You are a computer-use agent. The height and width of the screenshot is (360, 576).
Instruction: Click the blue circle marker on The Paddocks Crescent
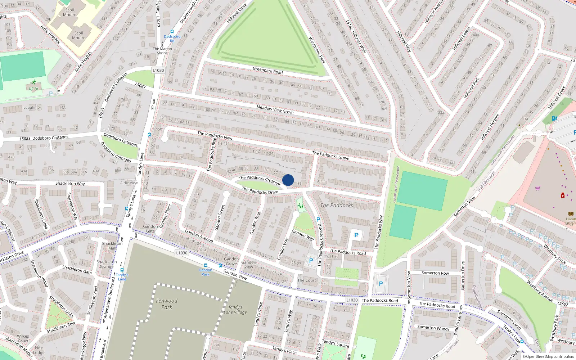(288, 180)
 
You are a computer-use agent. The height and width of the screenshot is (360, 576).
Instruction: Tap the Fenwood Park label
(166, 304)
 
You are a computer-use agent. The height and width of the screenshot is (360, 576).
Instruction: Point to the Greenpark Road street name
(267, 70)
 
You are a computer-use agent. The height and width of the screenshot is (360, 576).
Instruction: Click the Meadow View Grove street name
(275, 109)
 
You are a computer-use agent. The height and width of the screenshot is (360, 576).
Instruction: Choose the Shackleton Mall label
(112, 246)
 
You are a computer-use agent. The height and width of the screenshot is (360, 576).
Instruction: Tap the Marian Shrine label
(162, 51)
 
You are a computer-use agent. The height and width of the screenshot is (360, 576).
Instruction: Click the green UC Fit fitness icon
(33, 82)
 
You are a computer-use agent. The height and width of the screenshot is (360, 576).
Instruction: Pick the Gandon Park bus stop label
(205, 272)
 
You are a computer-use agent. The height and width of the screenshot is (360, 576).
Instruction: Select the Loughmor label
(32, 107)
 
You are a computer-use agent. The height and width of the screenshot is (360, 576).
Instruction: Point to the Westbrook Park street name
(317, 50)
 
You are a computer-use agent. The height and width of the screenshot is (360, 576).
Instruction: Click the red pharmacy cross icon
(563, 195)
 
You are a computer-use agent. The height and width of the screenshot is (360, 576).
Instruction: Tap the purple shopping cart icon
(537, 188)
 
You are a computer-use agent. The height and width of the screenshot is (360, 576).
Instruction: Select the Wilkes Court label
(23, 338)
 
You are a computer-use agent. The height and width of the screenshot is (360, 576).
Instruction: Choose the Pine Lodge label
(39, 350)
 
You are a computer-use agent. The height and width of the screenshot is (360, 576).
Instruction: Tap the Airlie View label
(129, 183)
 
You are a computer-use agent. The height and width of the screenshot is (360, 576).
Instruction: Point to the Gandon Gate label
(150, 229)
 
